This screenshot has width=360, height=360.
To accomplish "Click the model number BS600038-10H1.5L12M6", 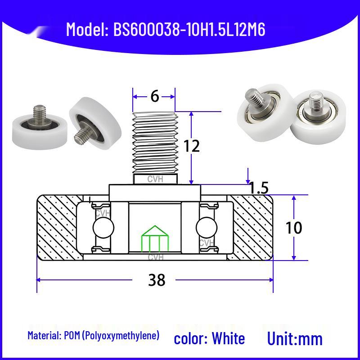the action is [x=189, y=29].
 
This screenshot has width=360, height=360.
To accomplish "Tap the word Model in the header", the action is [x=85, y=29].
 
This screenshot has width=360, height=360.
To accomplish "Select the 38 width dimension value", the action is [x=157, y=280].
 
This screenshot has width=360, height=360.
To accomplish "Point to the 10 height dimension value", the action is [x=294, y=228].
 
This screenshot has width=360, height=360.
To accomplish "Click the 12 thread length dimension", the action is [x=192, y=146].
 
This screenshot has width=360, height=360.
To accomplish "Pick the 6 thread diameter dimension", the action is [x=155, y=96].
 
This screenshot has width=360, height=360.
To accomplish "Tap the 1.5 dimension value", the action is [x=258, y=188].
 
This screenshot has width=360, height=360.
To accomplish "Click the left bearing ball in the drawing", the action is [x=103, y=228].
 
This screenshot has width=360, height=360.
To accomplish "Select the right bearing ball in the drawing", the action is [x=207, y=228].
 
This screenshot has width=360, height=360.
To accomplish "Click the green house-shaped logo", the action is [x=155, y=239].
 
